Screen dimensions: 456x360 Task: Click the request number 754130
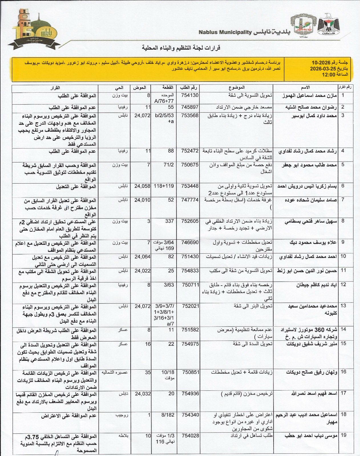click(x=190, y=95)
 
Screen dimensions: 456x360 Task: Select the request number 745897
click(x=190, y=107)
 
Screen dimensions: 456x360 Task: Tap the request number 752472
click(x=190, y=151)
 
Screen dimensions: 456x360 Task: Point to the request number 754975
click(x=190, y=344)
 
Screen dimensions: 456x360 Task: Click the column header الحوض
click(x=140, y=87)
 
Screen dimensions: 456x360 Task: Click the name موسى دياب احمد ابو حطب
click(x=311, y=436)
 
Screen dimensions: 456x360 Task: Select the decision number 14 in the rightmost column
click(x=343, y=329)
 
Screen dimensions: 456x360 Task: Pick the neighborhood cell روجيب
click(x=122, y=415)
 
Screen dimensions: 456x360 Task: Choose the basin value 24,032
click(x=142, y=394)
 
